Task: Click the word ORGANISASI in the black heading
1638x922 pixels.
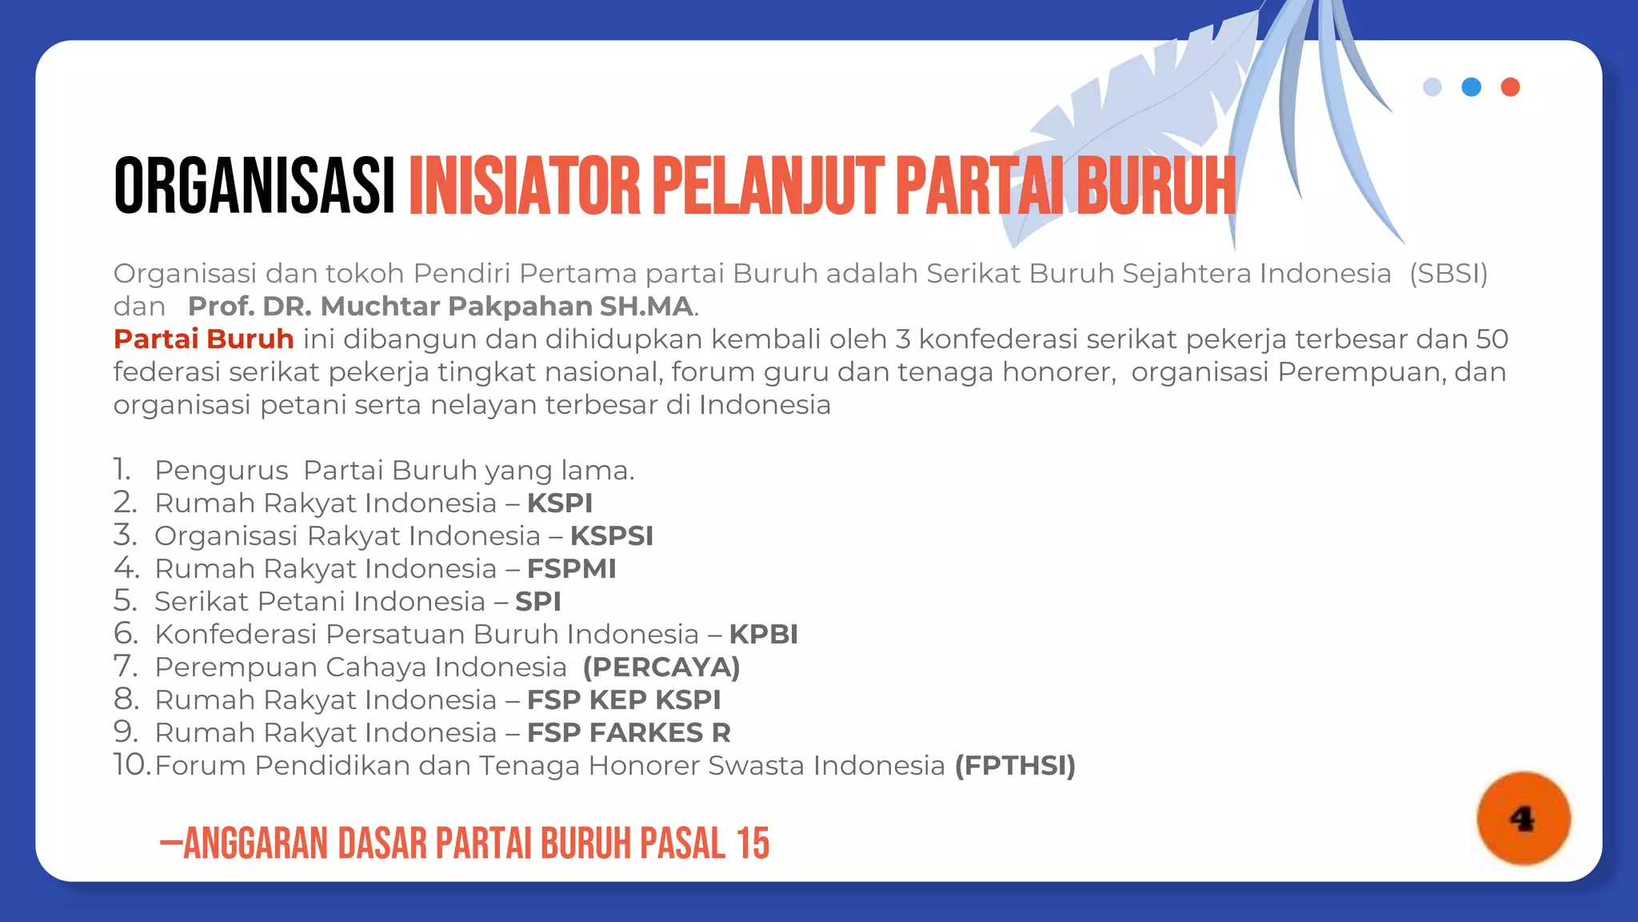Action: tap(254, 186)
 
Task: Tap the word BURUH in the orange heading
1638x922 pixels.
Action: tap(1156, 186)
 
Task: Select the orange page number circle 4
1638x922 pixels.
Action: tap(1523, 818)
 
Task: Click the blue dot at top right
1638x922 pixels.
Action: tap(1471, 87)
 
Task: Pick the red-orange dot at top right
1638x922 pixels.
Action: tap(1510, 87)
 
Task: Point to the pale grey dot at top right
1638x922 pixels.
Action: tap(1432, 87)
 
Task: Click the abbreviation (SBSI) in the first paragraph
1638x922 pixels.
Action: tap(1448, 274)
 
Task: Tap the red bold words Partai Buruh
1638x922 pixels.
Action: tap(204, 339)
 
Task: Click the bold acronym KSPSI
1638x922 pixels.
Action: tap(612, 536)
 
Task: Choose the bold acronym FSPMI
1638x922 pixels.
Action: tap(571, 569)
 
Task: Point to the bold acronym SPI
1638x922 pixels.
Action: tap(537, 602)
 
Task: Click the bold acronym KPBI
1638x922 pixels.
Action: tap(763, 635)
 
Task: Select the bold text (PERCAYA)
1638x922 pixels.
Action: tap(661, 667)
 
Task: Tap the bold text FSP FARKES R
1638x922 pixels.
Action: tap(629, 733)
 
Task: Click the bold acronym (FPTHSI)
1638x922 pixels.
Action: tap(1015, 766)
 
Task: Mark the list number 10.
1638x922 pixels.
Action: tap(131, 765)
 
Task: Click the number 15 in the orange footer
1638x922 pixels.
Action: tap(753, 844)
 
